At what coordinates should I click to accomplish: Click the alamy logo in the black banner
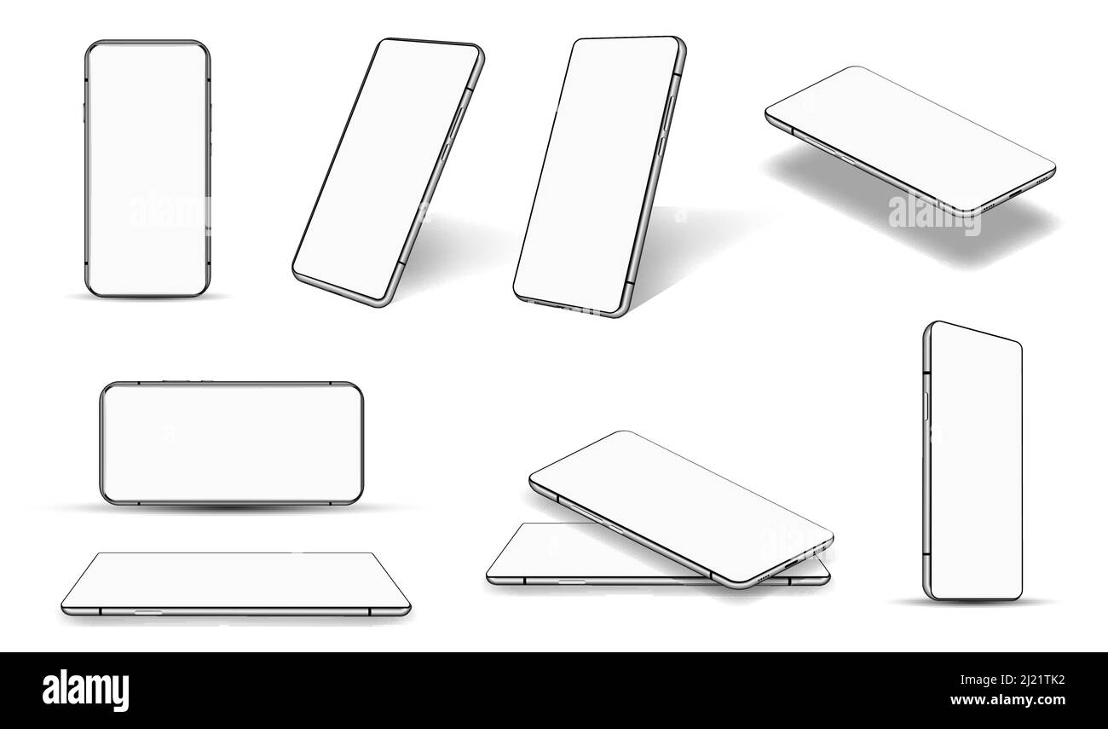click(x=85, y=689)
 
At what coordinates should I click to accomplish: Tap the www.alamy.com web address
click(x=1007, y=701)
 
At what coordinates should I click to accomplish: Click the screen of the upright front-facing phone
click(x=147, y=168)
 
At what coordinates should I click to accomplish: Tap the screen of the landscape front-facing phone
click(x=231, y=443)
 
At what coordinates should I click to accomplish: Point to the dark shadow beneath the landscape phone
click(x=231, y=509)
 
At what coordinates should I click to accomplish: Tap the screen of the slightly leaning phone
click(x=597, y=175)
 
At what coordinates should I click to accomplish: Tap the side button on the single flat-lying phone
click(x=148, y=611)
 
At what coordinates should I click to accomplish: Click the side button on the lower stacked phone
click(x=572, y=581)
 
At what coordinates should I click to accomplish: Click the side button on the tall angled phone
click(x=926, y=405)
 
